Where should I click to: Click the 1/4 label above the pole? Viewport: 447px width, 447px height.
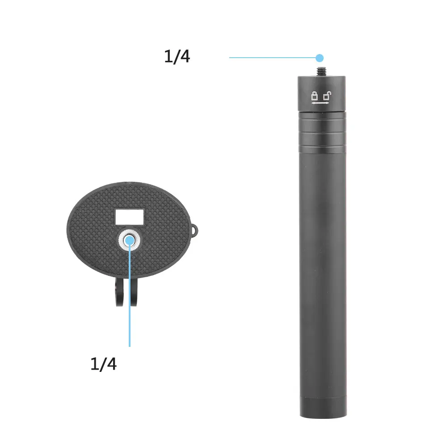[x=177, y=56]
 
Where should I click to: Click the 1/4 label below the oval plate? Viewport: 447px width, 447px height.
[x=103, y=364]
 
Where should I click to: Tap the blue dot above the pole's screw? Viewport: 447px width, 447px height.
[x=320, y=58]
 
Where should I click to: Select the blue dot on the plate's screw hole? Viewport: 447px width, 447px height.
[x=130, y=240]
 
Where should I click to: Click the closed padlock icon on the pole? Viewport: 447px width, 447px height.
[x=314, y=96]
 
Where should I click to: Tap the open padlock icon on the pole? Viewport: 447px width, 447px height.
[x=327, y=96]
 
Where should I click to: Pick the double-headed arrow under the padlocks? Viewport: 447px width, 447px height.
[x=320, y=103]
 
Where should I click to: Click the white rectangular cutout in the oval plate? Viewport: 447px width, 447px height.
[x=129, y=217]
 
